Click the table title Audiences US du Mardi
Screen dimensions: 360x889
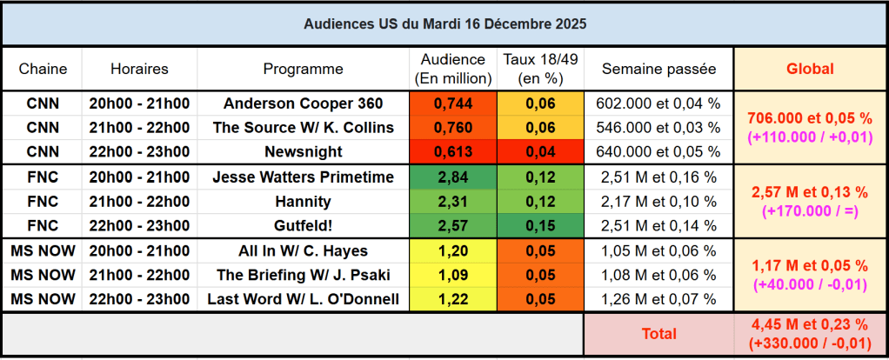tap(444, 24)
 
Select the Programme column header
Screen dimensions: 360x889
tap(303, 69)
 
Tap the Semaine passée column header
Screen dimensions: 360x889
tap(658, 69)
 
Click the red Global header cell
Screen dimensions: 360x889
tap(810, 69)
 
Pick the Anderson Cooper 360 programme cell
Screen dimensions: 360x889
tap(303, 103)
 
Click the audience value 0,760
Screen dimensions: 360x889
tap(452, 128)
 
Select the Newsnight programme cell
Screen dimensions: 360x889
tap(303, 152)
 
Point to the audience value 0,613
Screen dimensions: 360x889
tap(452, 152)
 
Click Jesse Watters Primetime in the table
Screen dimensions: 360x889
tap(303, 177)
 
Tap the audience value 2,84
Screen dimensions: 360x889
tap(452, 177)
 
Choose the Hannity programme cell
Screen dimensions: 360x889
tap(303, 202)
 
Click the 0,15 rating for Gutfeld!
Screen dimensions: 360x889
tap(540, 226)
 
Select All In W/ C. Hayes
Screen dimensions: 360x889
tap(303, 251)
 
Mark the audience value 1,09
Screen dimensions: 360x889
tap(452, 276)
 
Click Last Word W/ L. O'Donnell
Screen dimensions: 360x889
tap(303, 300)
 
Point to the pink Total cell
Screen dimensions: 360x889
tap(658, 333)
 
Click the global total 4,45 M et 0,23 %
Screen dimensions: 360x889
tap(810, 325)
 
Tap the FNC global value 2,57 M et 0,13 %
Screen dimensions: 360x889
tap(810, 191)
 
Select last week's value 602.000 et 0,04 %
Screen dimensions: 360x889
tap(658, 103)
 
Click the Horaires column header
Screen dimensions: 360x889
tap(139, 69)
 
